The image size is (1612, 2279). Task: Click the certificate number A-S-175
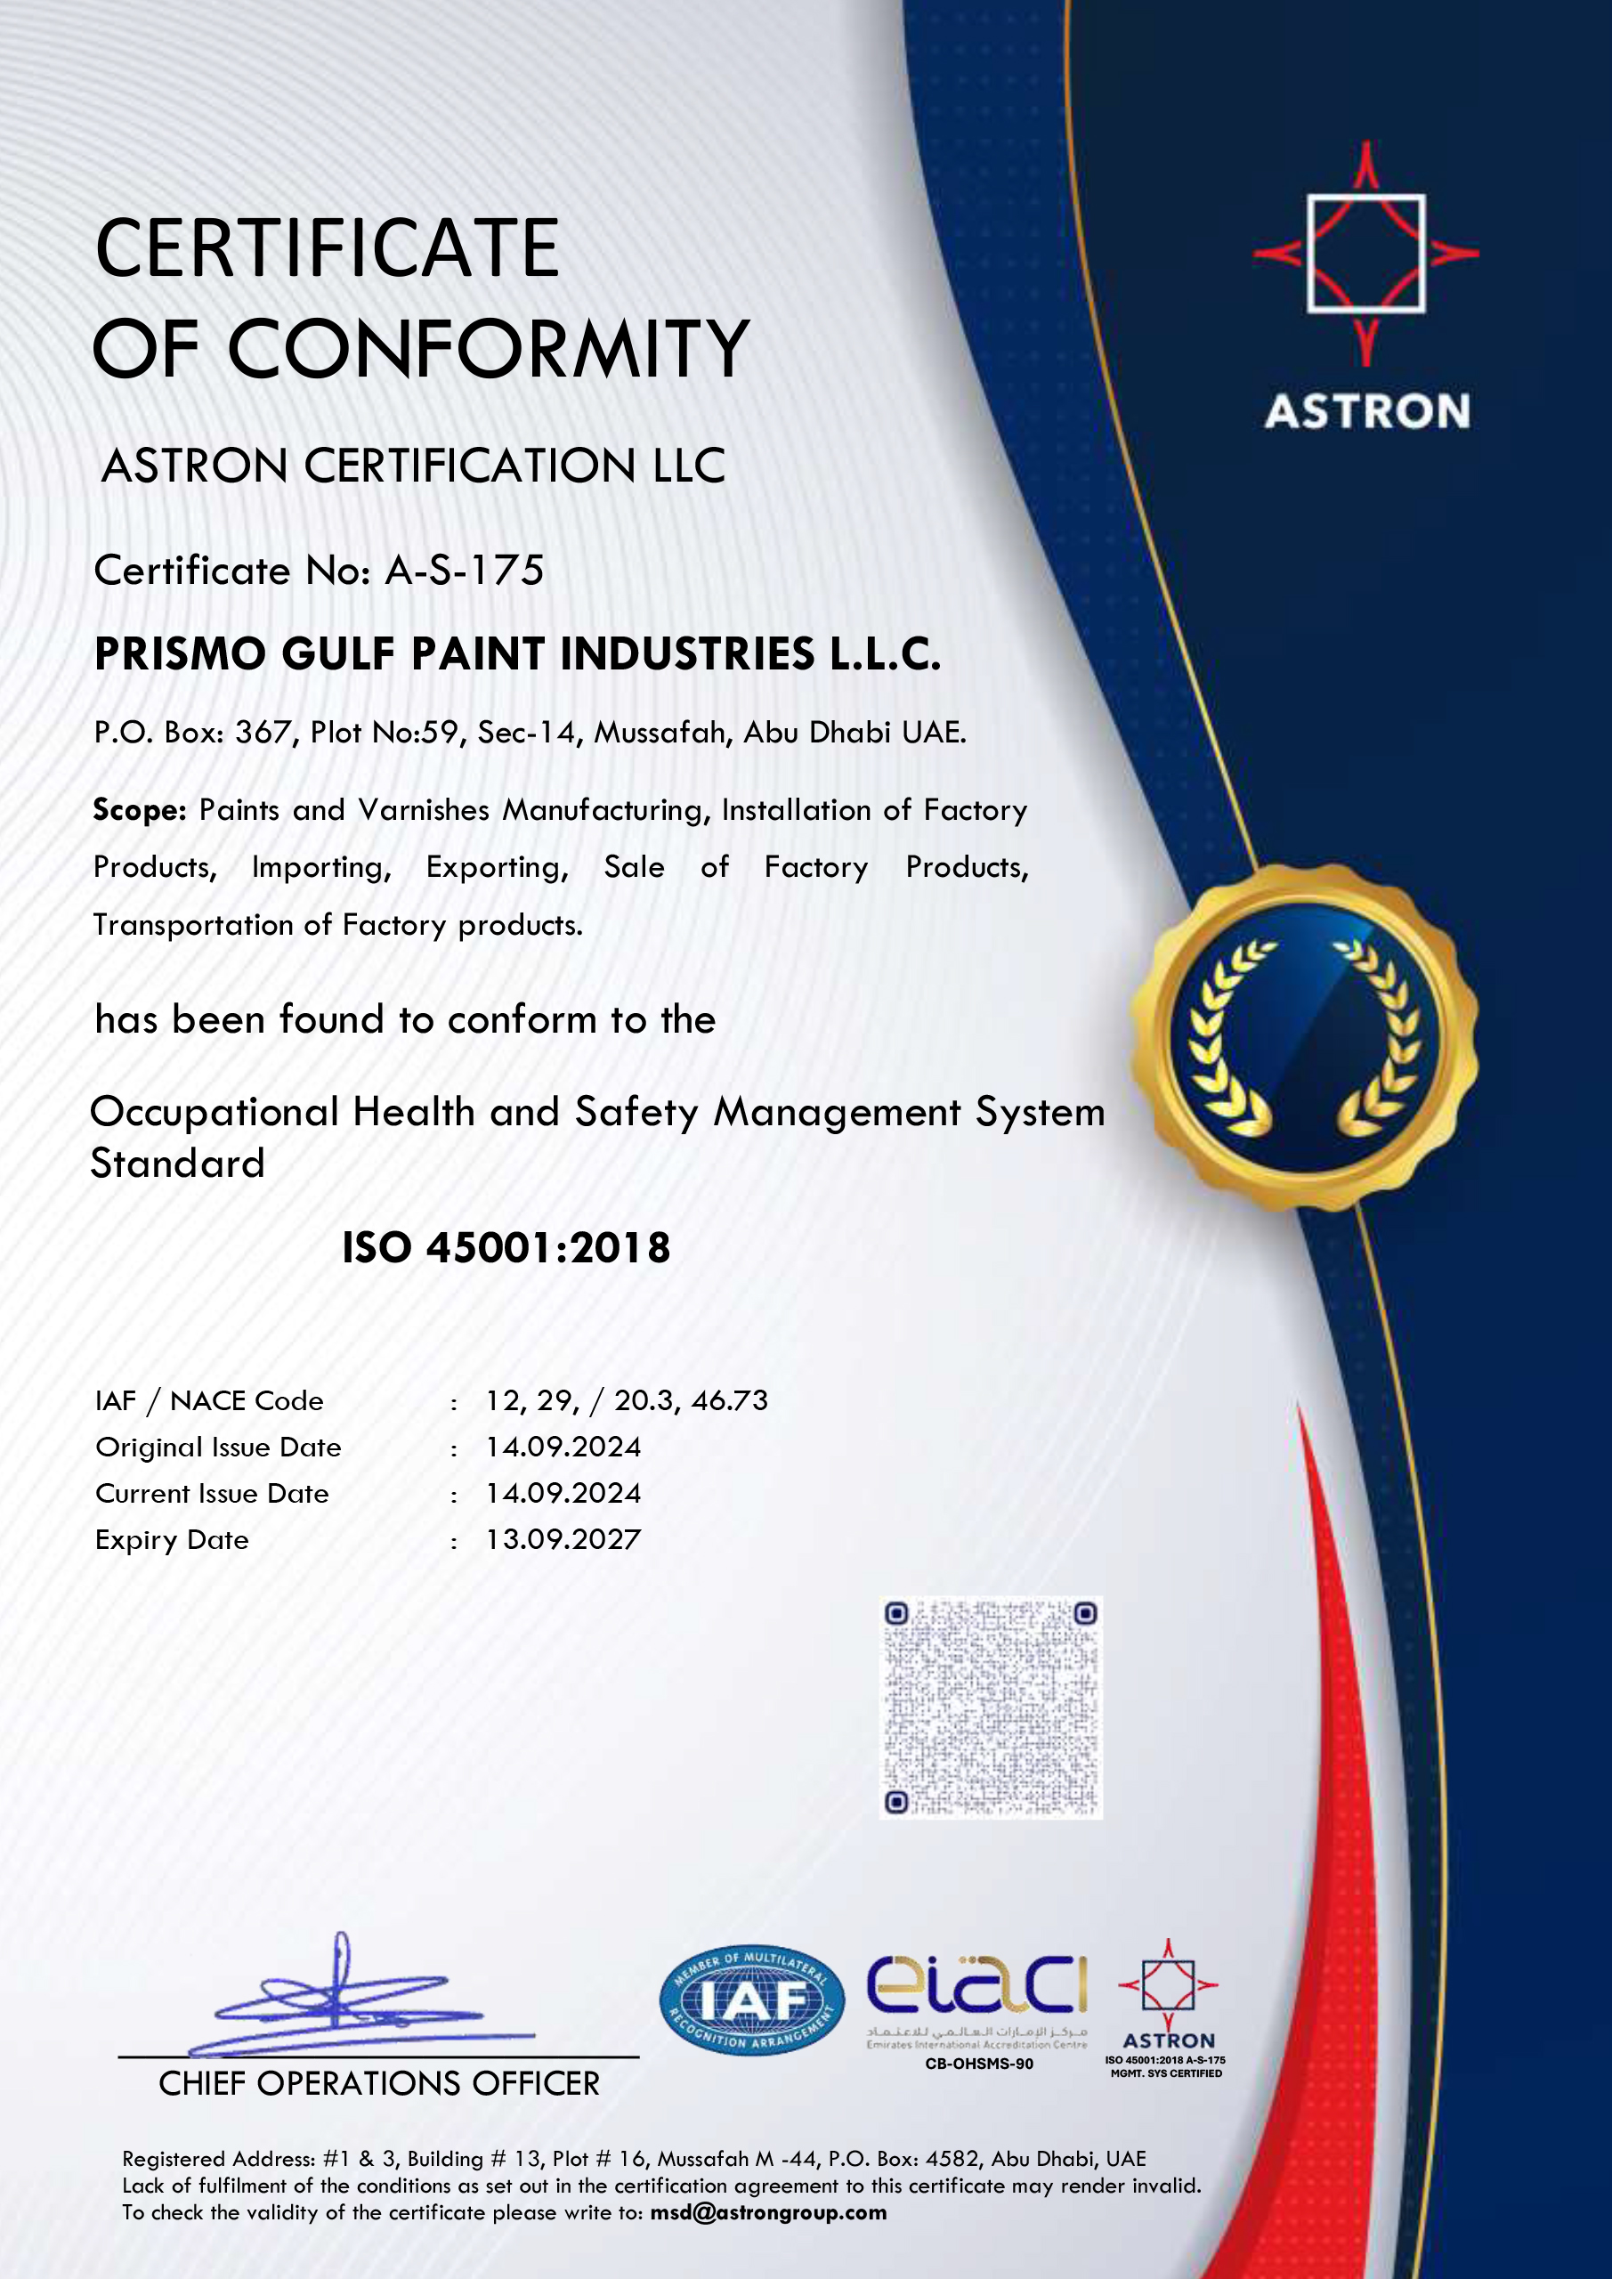coord(465,571)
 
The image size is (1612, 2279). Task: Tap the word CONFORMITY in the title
coord(489,349)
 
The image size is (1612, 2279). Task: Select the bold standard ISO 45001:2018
coord(506,1248)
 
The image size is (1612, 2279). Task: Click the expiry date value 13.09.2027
coord(563,1539)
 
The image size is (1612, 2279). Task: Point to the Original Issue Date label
coord(218,1448)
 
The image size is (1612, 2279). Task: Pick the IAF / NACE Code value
coord(627,1400)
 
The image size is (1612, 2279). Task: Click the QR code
coord(992,1707)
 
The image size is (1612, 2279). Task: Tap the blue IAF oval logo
coord(751,2000)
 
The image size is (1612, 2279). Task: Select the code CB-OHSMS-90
coord(979,2064)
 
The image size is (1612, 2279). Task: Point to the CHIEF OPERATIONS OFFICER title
coord(379,2083)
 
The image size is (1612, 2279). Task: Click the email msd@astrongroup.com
coord(768,2212)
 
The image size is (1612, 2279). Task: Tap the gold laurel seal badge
coord(1304,1037)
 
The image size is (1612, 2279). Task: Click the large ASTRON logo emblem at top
coord(1365,254)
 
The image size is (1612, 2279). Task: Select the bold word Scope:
coord(139,810)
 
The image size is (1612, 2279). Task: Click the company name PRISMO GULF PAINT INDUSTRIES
coord(517,654)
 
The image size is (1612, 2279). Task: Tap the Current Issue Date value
coord(563,1493)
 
